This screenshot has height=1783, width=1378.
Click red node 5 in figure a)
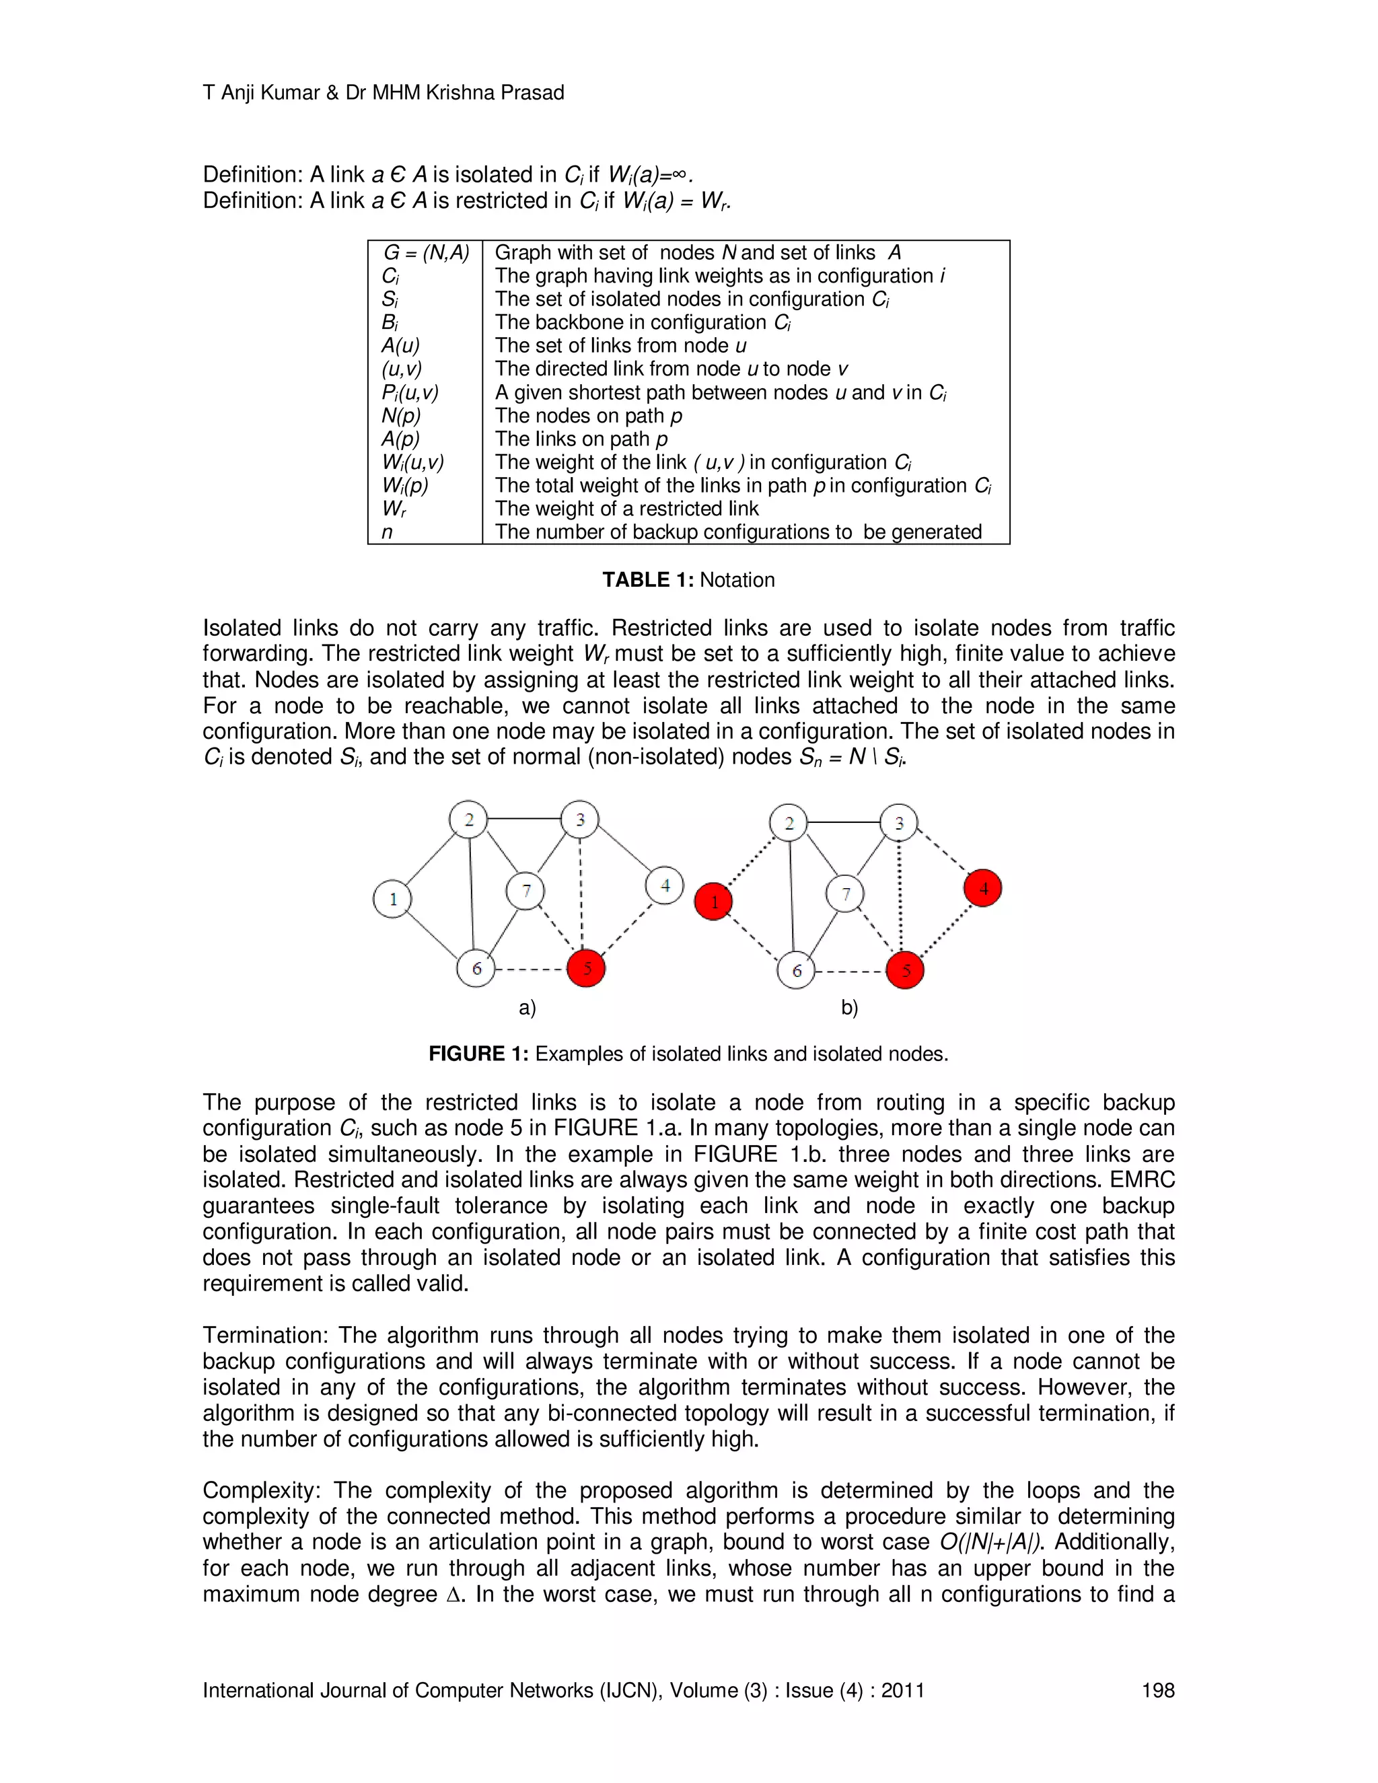tap(586, 968)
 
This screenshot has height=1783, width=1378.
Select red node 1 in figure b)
tap(713, 902)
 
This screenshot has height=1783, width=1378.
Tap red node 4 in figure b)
tap(983, 888)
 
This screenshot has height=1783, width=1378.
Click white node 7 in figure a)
tap(525, 891)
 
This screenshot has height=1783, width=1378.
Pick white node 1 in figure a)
tap(393, 899)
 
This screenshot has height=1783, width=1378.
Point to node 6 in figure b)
tap(796, 971)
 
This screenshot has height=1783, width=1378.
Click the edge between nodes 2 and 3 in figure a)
tap(524, 818)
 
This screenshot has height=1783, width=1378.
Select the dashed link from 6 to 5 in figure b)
tap(850, 972)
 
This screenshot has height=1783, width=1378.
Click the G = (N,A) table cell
tap(426, 253)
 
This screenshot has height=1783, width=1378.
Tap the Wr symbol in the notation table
tap(394, 509)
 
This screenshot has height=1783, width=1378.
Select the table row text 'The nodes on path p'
tap(588, 416)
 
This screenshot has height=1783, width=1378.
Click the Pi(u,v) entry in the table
tap(410, 393)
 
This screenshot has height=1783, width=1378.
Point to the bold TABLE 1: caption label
tap(647, 579)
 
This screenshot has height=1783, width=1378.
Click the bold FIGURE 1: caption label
tap(478, 1054)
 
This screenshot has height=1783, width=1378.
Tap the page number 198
tap(1157, 1690)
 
